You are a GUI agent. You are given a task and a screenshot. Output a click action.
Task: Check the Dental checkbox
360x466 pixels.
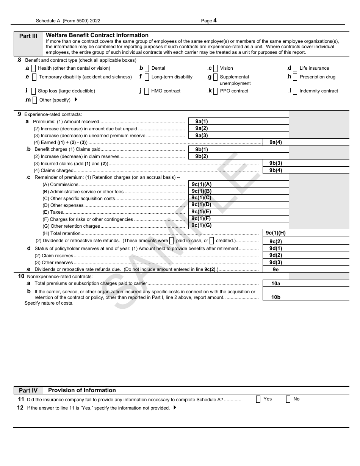[x=147, y=69]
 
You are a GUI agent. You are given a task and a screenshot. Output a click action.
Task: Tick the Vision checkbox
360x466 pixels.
[x=215, y=69]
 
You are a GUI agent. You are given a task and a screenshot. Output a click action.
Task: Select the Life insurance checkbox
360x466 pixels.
[x=295, y=69]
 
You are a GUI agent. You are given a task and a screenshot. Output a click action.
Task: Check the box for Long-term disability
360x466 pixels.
[x=147, y=77]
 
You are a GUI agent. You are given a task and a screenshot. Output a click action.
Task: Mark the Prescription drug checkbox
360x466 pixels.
[x=295, y=77]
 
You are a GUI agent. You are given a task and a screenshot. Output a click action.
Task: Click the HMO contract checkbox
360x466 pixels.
[x=147, y=91]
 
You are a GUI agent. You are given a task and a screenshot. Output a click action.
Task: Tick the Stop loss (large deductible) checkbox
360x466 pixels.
[x=33, y=91]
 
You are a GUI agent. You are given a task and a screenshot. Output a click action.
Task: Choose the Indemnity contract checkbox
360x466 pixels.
[x=295, y=91]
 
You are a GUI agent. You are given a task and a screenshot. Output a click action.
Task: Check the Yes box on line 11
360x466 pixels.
[x=258, y=399]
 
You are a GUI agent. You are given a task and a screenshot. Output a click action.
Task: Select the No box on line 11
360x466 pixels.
[x=288, y=399]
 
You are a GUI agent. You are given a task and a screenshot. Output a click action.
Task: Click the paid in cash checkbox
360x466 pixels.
[x=171, y=241]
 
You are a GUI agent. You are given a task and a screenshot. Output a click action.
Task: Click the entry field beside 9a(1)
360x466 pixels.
[x=251, y=122]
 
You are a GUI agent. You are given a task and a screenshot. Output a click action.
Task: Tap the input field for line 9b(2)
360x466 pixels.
[x=251, y=156]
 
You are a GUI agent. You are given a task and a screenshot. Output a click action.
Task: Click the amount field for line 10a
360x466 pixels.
[x=319, y=283]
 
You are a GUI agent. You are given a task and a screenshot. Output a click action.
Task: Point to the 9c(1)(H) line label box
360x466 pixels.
[x=275, y=233]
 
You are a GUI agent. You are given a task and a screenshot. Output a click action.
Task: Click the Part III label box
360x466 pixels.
[x=28, y=36]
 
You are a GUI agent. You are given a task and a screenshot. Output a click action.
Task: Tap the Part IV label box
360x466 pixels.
[x=28, y=391]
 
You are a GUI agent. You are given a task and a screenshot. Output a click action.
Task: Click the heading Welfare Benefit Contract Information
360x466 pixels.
[x=97, y=35]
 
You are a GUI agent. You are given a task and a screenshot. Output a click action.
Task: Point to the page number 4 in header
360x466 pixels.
[x=215, y=21]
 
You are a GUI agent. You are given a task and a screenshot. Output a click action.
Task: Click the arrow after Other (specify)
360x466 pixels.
[x=76, y=100]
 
